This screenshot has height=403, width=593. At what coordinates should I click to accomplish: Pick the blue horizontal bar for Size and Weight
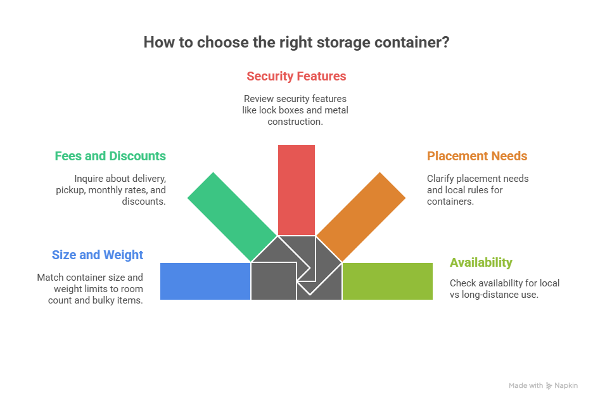(205, 281)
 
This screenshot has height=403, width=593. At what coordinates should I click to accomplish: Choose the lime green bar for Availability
(387, 281)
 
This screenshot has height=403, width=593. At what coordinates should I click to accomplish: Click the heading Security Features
(296, 77)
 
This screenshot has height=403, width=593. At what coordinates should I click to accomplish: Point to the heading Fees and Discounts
(110, 156)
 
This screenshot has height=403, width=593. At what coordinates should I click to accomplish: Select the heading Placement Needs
(477, 156)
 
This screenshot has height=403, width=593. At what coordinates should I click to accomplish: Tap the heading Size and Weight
(98, 255)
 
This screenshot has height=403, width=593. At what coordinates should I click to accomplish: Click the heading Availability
(481, 262)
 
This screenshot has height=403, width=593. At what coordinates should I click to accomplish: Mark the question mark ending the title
(446, 42)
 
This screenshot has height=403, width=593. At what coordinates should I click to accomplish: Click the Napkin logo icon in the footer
(549, 385)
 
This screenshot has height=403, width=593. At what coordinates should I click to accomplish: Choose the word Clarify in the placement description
(441, 179)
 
